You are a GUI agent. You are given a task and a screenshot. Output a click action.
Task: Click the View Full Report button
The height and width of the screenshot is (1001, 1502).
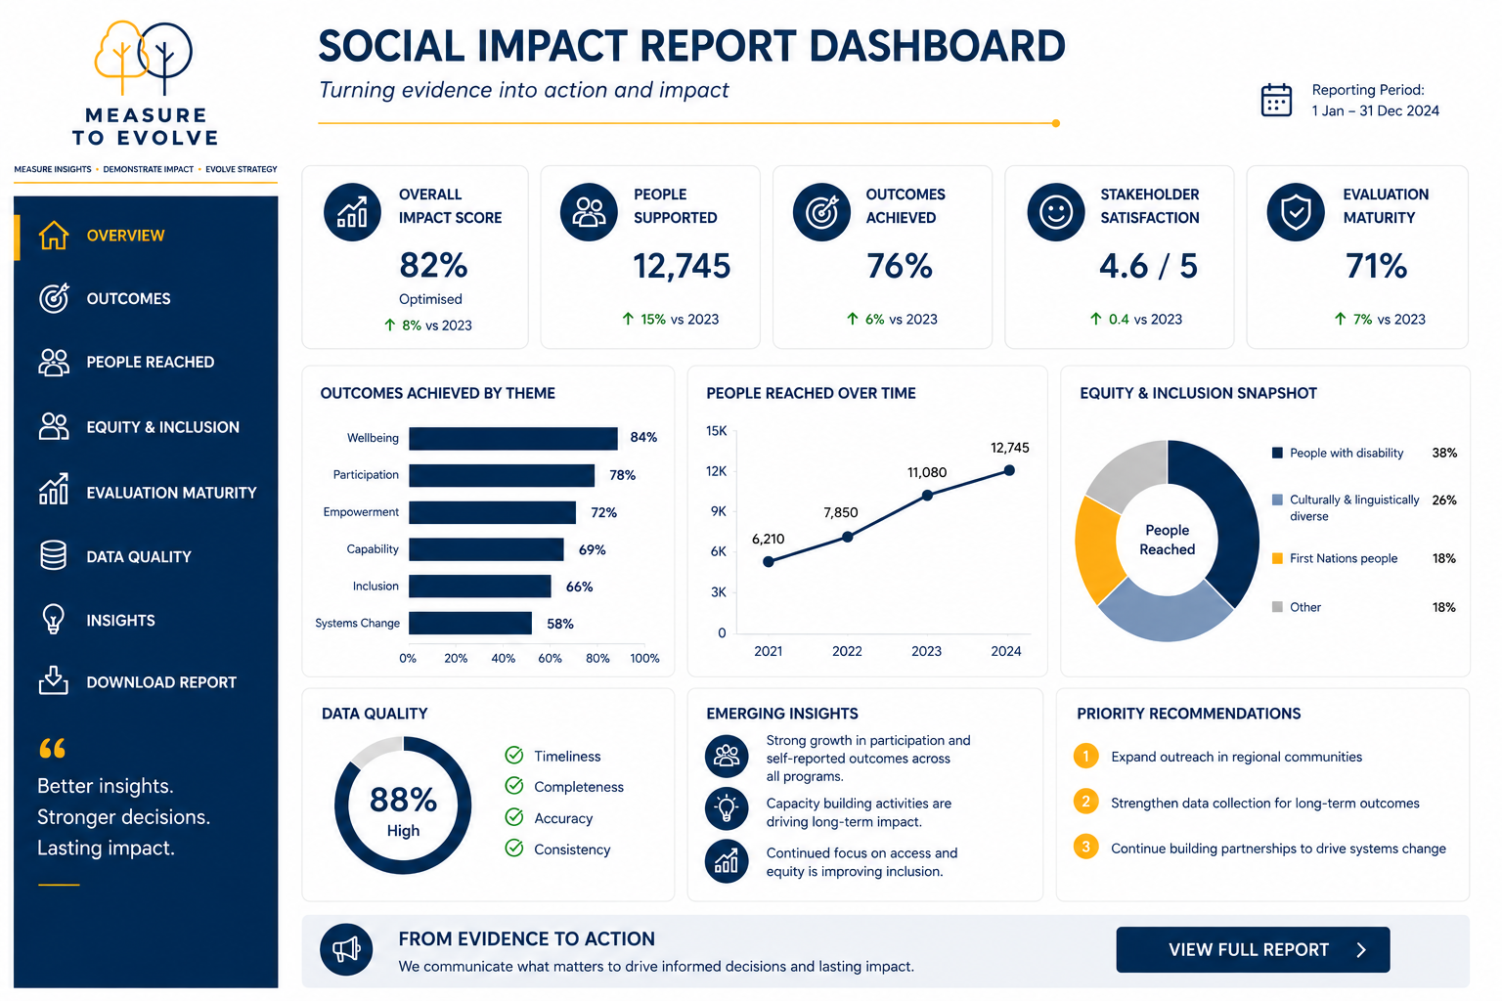click(x=1253, y=949)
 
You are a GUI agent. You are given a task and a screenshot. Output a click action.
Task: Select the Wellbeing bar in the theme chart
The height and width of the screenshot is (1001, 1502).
click(x=513, y=439)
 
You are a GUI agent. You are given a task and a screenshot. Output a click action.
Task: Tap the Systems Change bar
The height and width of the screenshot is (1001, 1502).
click(x=470, y=623)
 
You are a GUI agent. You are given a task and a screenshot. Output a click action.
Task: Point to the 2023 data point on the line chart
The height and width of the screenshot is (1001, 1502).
click(x=927, y=496)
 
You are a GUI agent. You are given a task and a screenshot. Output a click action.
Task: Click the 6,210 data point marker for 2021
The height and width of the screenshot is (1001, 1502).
click(x=769, y=562)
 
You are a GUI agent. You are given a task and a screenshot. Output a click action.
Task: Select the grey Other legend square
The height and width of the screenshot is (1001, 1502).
click(x=1277, y=607)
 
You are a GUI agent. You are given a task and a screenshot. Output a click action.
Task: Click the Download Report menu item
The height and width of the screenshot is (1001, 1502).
click(x=138, y=682)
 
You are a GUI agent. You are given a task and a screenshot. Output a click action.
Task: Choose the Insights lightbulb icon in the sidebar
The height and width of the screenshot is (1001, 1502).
click(x=54, y=619)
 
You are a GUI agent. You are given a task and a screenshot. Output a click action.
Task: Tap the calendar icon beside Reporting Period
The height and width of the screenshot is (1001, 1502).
click(x=1276, y=101)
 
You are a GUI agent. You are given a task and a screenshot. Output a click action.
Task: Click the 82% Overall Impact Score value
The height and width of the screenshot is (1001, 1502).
click(x=433, y=265)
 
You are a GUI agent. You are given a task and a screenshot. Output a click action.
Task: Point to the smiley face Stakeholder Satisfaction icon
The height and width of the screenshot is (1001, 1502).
click(x=1056, y=212)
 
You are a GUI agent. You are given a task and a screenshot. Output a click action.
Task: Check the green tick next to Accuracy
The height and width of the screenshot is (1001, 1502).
click(x=514, y=817)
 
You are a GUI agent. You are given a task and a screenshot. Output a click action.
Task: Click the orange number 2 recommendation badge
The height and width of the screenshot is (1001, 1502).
click(x=1085, y=802)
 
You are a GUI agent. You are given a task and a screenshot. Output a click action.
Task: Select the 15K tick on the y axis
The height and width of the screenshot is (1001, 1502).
click(x=716, y=431)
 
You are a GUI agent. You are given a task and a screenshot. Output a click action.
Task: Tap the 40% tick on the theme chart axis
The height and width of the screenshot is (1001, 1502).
click(x=503, y=659)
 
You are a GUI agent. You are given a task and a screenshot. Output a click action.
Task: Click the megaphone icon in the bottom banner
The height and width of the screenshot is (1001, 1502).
click(x=346, y=949)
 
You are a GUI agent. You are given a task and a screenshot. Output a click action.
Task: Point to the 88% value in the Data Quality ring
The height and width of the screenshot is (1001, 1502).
click(x=403, y=800)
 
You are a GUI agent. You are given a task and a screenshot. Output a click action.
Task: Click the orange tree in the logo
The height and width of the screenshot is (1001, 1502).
click(x=120, y=57)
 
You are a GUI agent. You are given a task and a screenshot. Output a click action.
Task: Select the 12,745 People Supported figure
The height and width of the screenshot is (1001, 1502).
click(x=682, y=266)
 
